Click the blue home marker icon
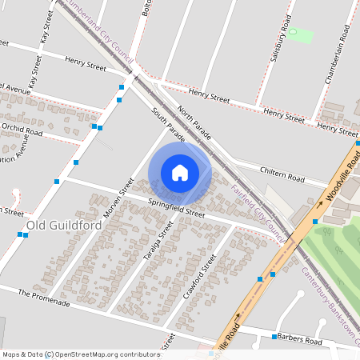tap(180, 172)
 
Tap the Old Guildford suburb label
tap(64, 226)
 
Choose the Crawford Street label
tap(200, 276)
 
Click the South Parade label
tap(169, 126)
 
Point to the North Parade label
tap(194, 121)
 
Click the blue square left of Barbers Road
tap(274, 337)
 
